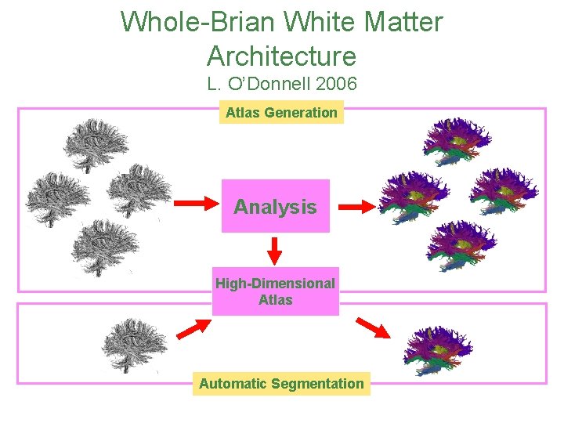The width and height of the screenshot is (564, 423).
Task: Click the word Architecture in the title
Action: (281, 56)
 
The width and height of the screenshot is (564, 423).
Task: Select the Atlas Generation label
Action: (281, 113)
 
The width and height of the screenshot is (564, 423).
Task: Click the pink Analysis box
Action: (276, 207)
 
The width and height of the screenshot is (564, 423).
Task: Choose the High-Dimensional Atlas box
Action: (275, 291)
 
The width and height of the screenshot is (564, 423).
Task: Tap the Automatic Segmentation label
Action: (281, 384)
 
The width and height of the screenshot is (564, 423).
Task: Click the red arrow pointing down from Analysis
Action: (275, 251)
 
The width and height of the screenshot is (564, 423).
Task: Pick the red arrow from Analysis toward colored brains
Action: (356, 207)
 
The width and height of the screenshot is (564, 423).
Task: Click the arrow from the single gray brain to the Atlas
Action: (188, 329)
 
